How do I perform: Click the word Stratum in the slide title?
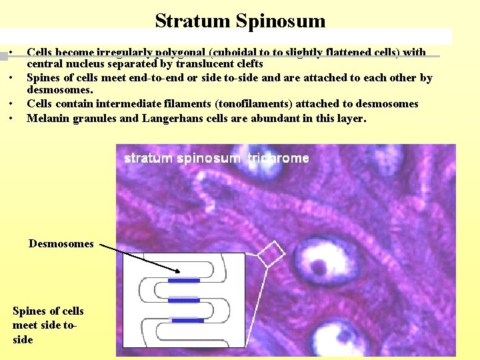click(x=193, y=21)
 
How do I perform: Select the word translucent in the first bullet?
click(x=205, y=65)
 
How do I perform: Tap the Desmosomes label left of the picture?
click(x=61, y=244)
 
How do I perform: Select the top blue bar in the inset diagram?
click(x=183, y=281)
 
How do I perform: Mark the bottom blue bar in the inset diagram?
click(x=187, y=321)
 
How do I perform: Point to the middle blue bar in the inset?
click(x=183, y=301)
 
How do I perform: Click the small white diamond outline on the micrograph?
click(x=271, y=254)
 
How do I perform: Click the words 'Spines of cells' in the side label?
click(x=48, y=311)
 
